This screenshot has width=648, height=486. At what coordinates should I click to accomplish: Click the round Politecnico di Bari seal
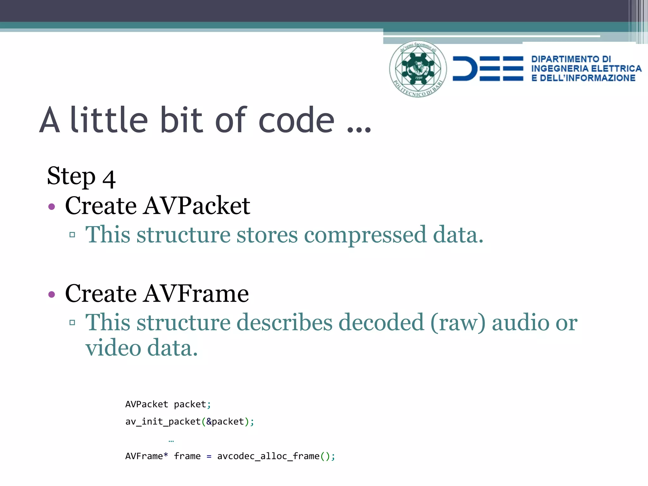[x=418, y=69]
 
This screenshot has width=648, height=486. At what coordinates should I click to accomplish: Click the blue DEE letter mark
[x=488, y=69]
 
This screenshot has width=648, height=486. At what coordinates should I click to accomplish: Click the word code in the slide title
[x=296, y=121]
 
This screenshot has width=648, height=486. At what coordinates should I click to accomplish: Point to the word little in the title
[x=109, y=120]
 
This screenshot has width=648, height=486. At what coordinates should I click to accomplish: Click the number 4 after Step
[x=109, y=179]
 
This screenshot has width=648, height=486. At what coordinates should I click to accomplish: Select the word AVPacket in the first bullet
[x=196, y=206]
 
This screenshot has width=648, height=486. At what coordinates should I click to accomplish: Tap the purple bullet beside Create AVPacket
[x=52, y=207]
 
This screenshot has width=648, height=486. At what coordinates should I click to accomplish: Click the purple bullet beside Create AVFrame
[x=52, y=295]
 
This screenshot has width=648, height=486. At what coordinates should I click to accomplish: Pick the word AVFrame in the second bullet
[x=196, y=294]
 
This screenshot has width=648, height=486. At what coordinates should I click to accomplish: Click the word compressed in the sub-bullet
[x=365, y=235]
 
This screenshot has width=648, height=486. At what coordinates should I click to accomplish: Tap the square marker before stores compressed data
[x=72, y=235]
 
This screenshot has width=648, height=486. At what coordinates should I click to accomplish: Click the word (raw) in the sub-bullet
[x=458, y=323]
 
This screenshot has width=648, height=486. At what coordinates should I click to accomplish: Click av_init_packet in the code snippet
[x=163, y=422]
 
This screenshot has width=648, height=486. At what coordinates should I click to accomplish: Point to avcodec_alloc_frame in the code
[x=268, y=456]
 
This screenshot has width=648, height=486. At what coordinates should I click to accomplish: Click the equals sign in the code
[x=209, y=457]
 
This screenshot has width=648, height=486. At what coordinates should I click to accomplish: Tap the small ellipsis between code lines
[x=171, y=441]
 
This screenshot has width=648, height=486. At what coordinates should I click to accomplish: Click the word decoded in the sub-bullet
[x=381, y=323]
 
